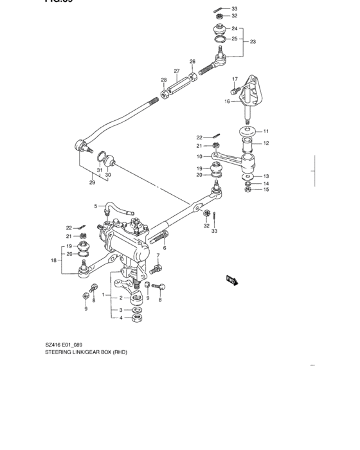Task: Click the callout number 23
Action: tap(253, 42)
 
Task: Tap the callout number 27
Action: tap(176, 71)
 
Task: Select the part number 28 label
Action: tap(163, 80)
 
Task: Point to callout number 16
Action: tap(227, 101)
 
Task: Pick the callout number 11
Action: tap(265, 131)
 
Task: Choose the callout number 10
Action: tap(199, 156)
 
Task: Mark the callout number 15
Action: tap(266, 189)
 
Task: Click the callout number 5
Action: tap(96, 206)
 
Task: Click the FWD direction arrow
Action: tap(232, 280)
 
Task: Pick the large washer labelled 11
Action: tap(248, 132)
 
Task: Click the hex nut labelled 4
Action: tap(137, 318)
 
